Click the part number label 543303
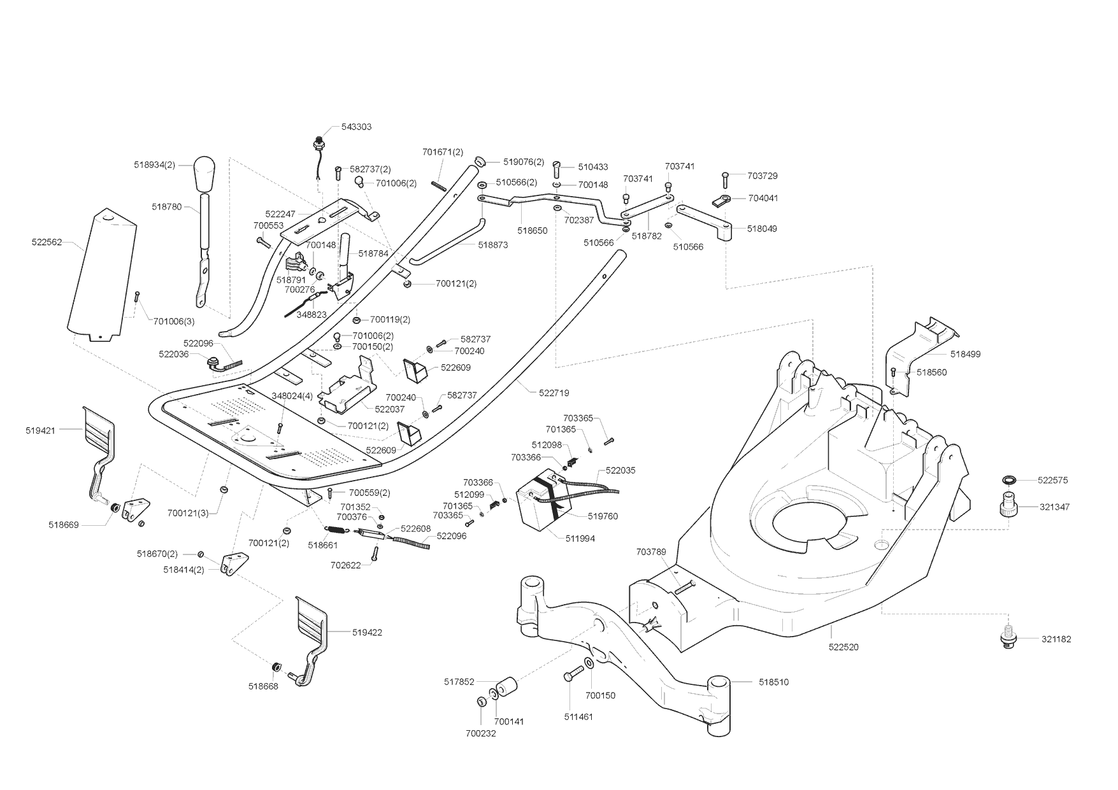coord(356,127)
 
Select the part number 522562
coord(47,242)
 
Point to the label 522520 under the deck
coord(843,647)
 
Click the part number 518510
coord(773,682)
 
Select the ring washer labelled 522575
coord(1008,479)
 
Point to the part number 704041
coord(763,198)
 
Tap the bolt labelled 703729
coord(725,178)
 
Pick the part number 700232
coord(480,733)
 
